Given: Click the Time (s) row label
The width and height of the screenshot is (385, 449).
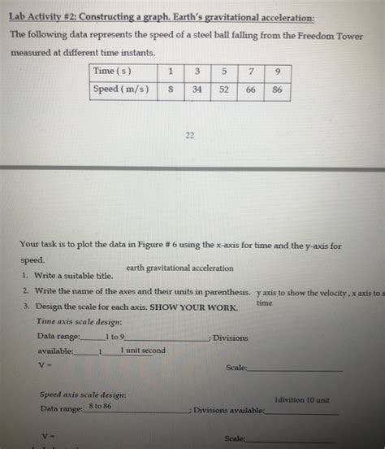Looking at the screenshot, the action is [115, 72].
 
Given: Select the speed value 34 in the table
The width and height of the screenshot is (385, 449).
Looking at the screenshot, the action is [196, 89].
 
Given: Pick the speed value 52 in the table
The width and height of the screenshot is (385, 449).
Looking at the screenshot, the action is [223, 89].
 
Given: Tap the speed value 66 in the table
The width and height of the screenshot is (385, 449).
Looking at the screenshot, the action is [251, 89].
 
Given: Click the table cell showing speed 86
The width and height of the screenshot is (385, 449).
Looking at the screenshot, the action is [278, 89].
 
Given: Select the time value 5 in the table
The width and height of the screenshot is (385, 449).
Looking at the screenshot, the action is [223, 72].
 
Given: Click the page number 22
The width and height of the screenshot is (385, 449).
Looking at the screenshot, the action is [189, 137].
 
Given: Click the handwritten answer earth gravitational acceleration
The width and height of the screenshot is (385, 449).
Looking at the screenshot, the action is [179, 268].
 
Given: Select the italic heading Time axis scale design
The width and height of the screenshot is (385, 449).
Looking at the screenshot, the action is [74, 322].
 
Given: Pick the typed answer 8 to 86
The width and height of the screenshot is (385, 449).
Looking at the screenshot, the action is [101, 406].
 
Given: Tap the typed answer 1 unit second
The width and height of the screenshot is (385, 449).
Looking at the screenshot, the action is [143, 351].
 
